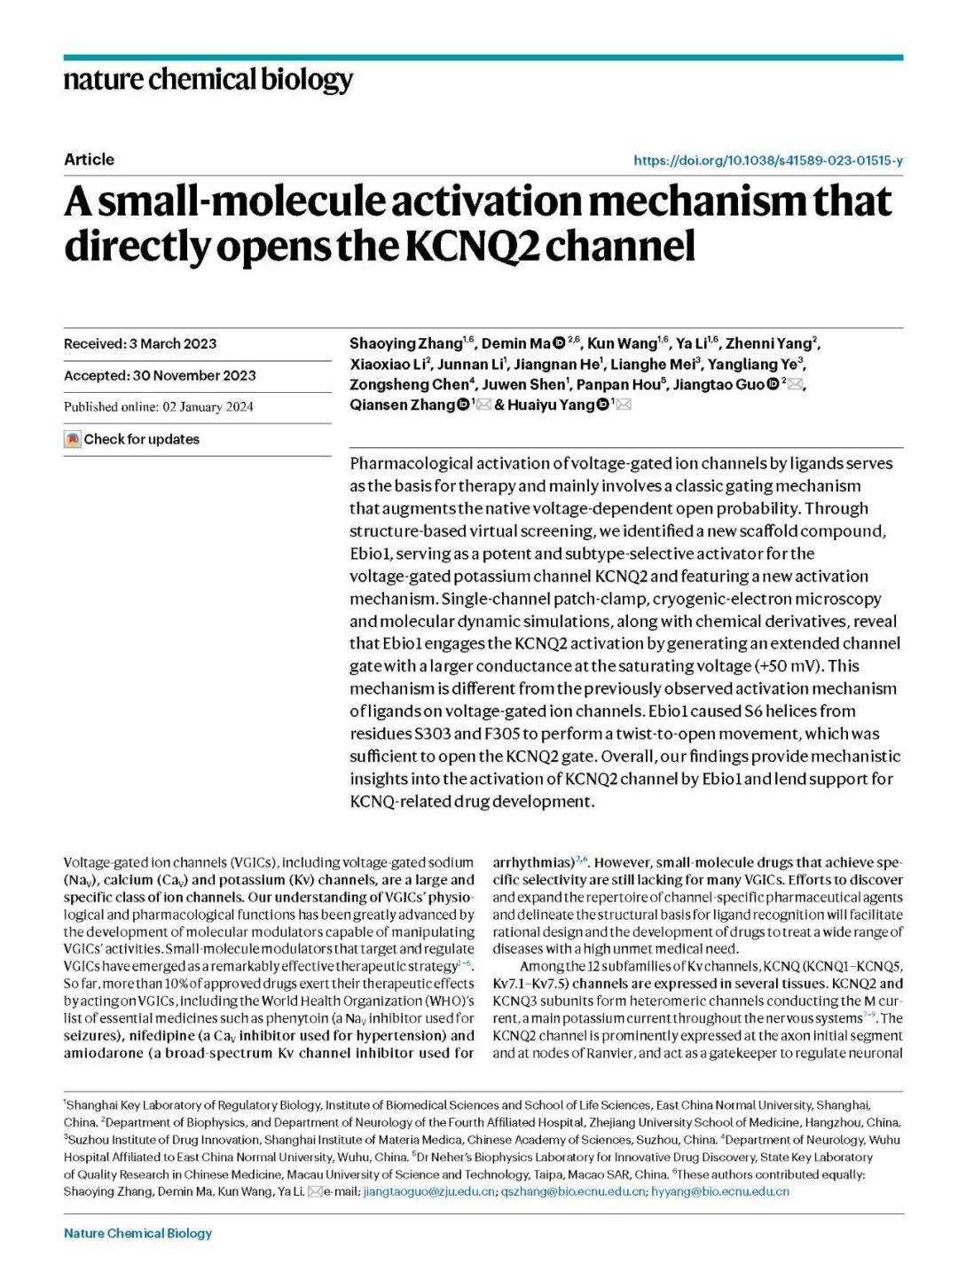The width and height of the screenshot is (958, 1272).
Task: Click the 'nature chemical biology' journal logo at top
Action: [x=208, y=80]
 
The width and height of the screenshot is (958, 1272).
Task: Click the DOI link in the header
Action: [x=767, y=161]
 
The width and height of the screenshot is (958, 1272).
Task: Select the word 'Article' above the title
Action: [x=89, y=160]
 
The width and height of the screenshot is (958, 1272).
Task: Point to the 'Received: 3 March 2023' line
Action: [x=140, y=344]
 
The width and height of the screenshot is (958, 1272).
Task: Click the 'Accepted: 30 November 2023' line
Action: [x=160, y=376]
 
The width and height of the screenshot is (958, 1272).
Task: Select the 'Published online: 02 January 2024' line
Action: [x=158, y=407]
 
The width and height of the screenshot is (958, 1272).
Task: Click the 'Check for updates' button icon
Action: [x=73, y=439]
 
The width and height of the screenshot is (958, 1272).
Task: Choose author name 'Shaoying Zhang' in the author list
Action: [x=405, y=344]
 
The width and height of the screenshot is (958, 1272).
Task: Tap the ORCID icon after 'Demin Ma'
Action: [x=560, y=343]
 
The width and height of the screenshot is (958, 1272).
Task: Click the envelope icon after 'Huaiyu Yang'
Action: [x=624, y=404]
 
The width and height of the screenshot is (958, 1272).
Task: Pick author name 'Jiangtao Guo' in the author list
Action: [x=718, y=385]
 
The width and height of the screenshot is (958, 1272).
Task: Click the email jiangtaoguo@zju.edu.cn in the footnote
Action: [x=429, y=1191]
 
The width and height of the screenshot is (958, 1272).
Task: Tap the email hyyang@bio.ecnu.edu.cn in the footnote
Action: [x=719, y=1191]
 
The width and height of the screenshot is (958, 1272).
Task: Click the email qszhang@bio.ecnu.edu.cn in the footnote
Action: [x=573, y=1191]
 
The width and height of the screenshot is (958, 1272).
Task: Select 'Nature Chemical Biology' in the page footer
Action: [x=137, y=1233]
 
